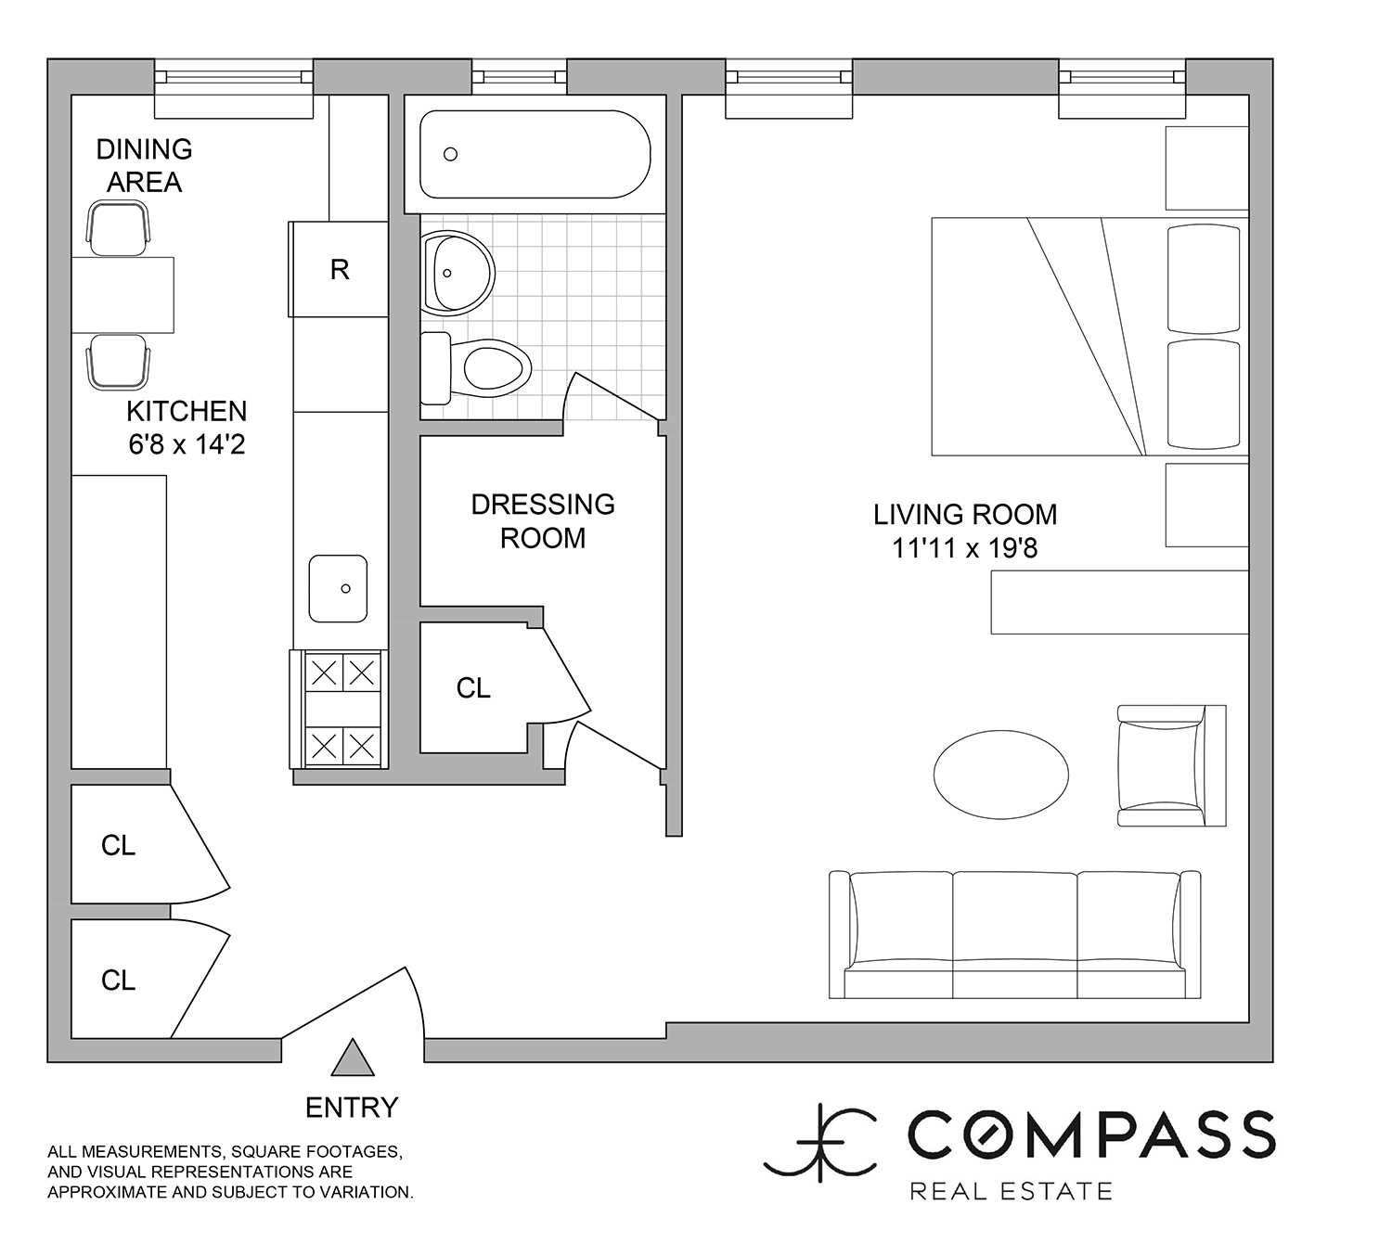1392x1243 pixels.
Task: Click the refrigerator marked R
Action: pos(338,269)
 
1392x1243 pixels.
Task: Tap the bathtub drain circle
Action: pos(451,155)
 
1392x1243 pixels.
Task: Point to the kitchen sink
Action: pos(338,588)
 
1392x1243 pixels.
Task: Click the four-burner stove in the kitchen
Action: pos(339,709)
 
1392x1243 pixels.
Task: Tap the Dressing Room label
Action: pos(543,521)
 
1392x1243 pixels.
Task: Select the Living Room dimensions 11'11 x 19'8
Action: pos(964,548)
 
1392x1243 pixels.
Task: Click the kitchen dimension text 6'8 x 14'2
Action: pos(187,444)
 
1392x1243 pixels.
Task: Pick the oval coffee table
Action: pos(1001,775)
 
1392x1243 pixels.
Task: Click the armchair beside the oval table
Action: pos(1171,765)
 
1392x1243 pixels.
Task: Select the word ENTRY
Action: pos(352,1108)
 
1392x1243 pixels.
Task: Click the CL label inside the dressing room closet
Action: pos(473,688)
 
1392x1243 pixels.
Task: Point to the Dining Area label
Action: pos(144,165)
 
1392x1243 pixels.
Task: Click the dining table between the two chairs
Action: pos(122,295)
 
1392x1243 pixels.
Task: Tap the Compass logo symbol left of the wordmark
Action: pos(820,1143)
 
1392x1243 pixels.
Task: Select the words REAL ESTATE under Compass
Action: pos(1011,1191)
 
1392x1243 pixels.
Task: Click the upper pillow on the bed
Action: pos(1204,279)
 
